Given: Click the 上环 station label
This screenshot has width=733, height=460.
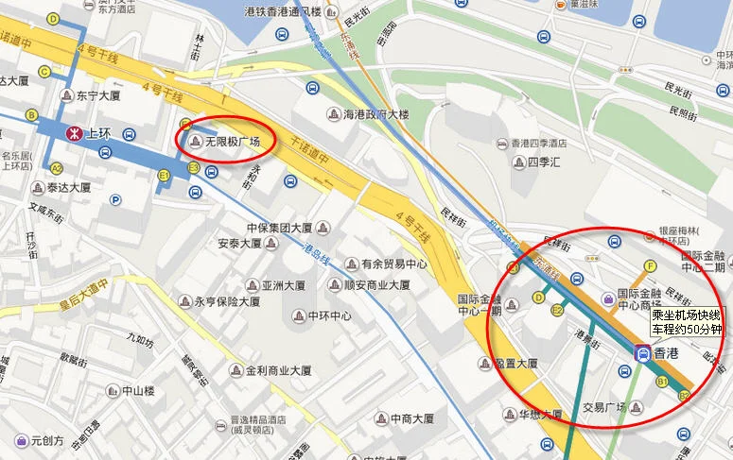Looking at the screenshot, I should click(x=98, y=133).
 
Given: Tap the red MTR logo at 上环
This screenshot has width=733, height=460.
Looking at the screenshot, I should click(x=71, y=133).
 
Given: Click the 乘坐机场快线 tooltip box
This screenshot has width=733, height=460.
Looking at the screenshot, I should click(x=687, y=322).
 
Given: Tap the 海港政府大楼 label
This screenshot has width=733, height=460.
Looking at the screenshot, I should click(x=376, y=114).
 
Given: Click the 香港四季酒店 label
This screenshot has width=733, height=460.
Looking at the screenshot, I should click(x=538, y=144).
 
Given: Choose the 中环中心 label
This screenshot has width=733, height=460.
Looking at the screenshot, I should click(x=330, y=315).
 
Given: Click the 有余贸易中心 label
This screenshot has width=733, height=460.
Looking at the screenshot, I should click(x=393, y=264).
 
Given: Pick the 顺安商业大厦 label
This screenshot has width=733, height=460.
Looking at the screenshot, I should click(x=376, y=284).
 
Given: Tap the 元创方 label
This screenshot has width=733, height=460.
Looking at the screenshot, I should click(x=46, y=439).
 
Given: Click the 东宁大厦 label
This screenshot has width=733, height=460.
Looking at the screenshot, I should click(x=98, y=95).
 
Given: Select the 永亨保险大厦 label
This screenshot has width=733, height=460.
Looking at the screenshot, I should click(x=227, y=302).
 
